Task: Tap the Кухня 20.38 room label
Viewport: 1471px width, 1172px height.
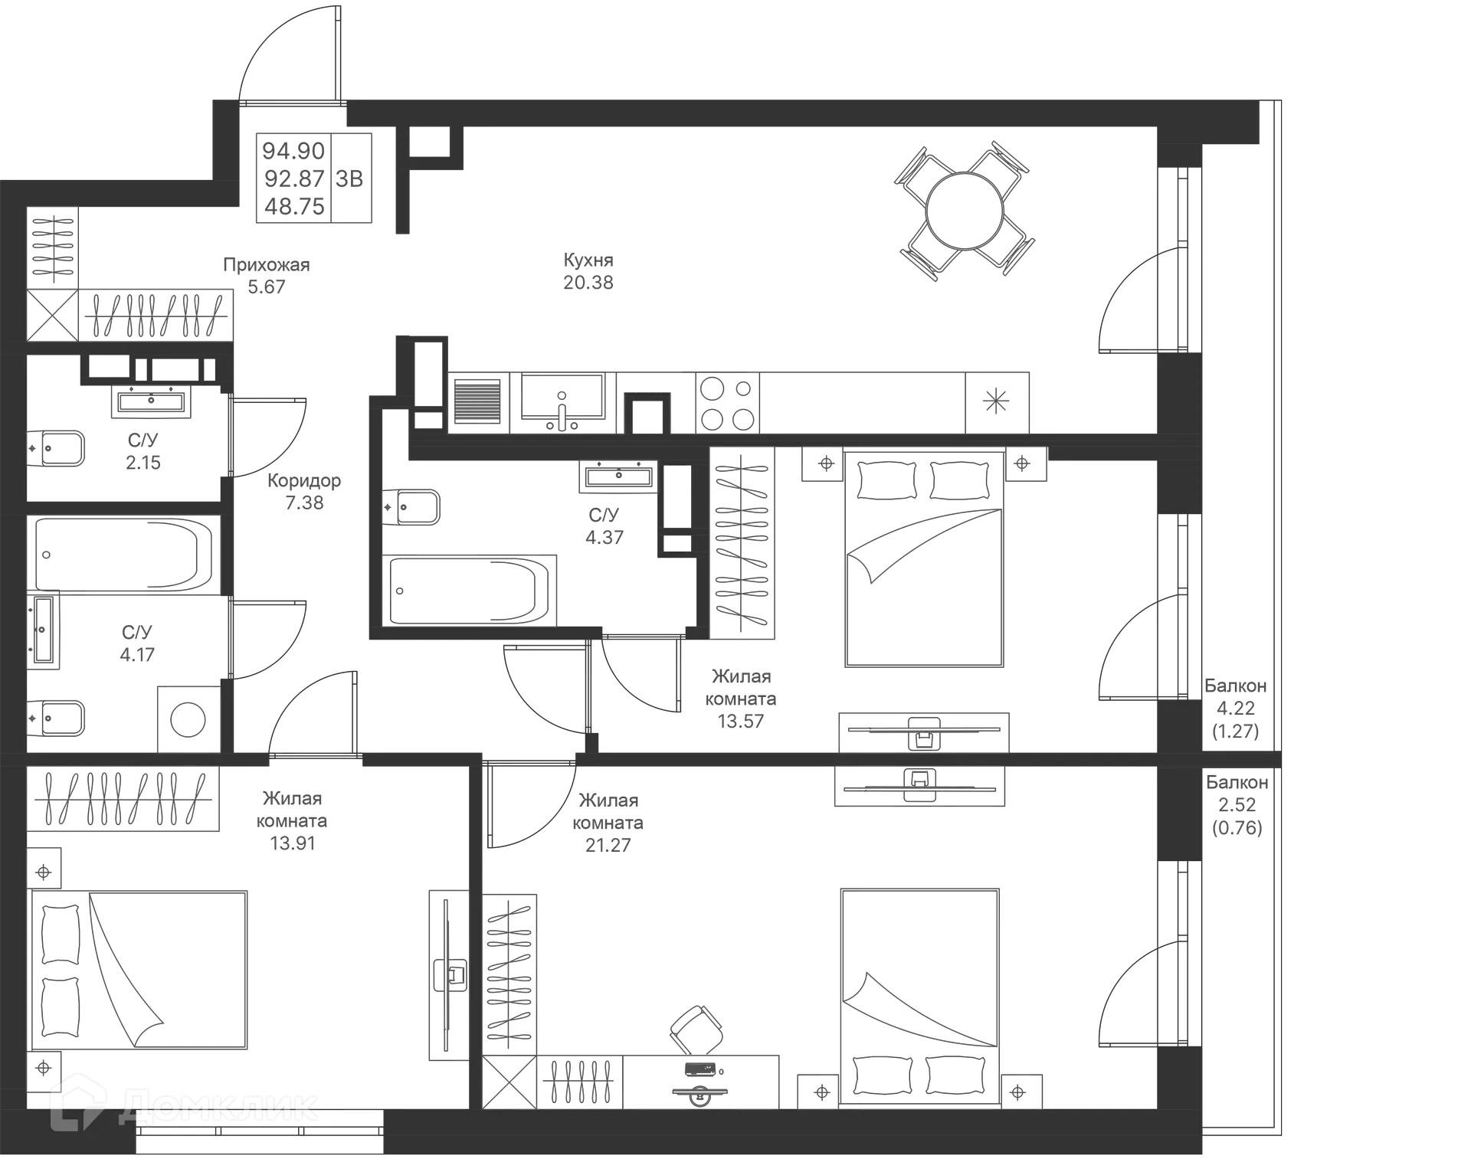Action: point(588,272)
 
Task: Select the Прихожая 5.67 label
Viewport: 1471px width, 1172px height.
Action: point(267,276)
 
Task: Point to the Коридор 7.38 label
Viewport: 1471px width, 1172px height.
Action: point(304,492)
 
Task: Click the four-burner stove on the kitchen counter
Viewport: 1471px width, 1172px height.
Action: point(726,402)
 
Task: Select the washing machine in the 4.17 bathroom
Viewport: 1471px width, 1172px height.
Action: point(188,718)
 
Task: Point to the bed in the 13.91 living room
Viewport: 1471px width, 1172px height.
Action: point(142,970)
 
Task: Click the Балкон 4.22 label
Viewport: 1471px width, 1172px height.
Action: point(1235,709)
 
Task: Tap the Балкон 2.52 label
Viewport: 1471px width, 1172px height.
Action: point(1237,805)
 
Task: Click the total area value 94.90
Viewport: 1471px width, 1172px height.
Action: point(293,150)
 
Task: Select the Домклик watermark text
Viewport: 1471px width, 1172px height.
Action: point(219,1105)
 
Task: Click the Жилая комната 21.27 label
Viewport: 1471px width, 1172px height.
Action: point(609,823)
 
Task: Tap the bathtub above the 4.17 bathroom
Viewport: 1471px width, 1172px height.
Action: point(123,553)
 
